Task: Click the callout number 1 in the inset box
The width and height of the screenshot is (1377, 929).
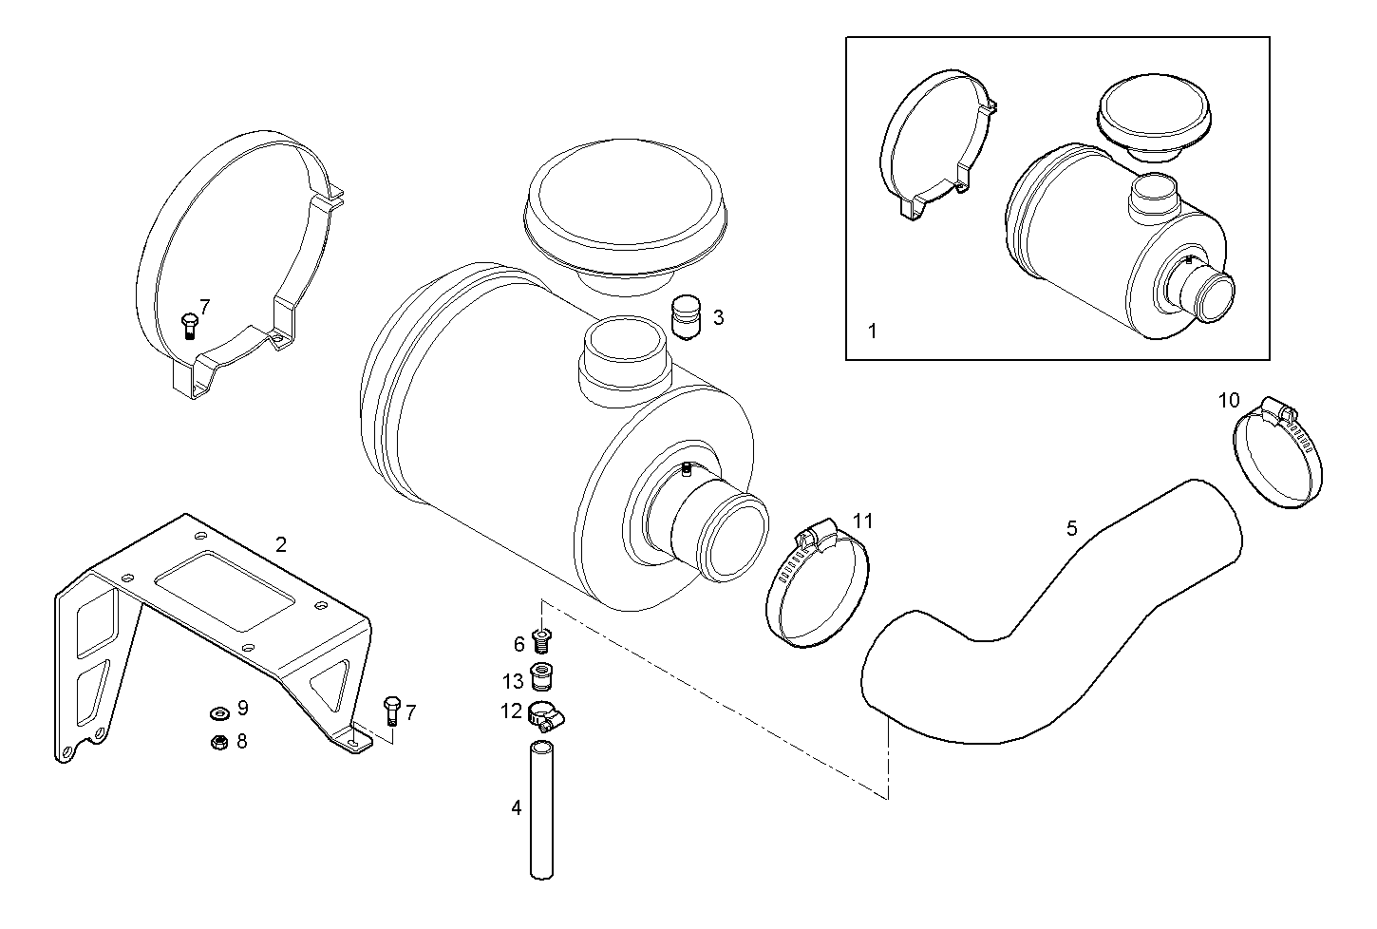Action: pyautogui.click(x=873, y=332)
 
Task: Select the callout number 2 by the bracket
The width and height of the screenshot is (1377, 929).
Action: pyautogui.click(x=280, y=544)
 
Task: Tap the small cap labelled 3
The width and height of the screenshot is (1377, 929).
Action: pyautogui.click(x=684, y=316)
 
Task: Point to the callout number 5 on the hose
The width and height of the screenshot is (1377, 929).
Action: pyautogui.click(x=1072, y=528)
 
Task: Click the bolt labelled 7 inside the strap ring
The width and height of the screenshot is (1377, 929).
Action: pyautogui.click(x=187, y=325)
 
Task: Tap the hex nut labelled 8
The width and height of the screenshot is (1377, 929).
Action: pyautogui.click(x=217, y=742)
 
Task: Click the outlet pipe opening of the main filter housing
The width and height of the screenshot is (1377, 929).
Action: pyautogui.click(x=732, y=536)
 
